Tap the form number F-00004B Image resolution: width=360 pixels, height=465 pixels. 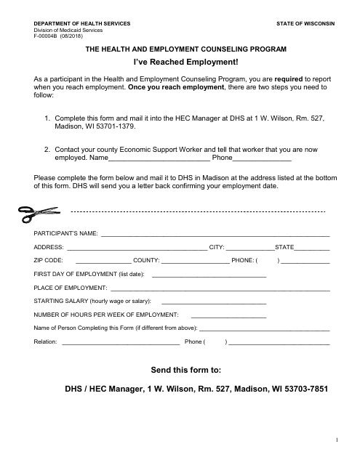click(48, 35)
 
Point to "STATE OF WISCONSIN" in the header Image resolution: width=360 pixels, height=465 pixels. click(306, 24)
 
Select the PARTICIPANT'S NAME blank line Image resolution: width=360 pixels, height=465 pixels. click(215, 235)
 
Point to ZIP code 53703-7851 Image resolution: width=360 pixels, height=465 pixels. click(300, 389)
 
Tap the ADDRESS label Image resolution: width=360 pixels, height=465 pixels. click(48, 247)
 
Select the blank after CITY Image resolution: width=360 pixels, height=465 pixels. click(249, 248)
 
